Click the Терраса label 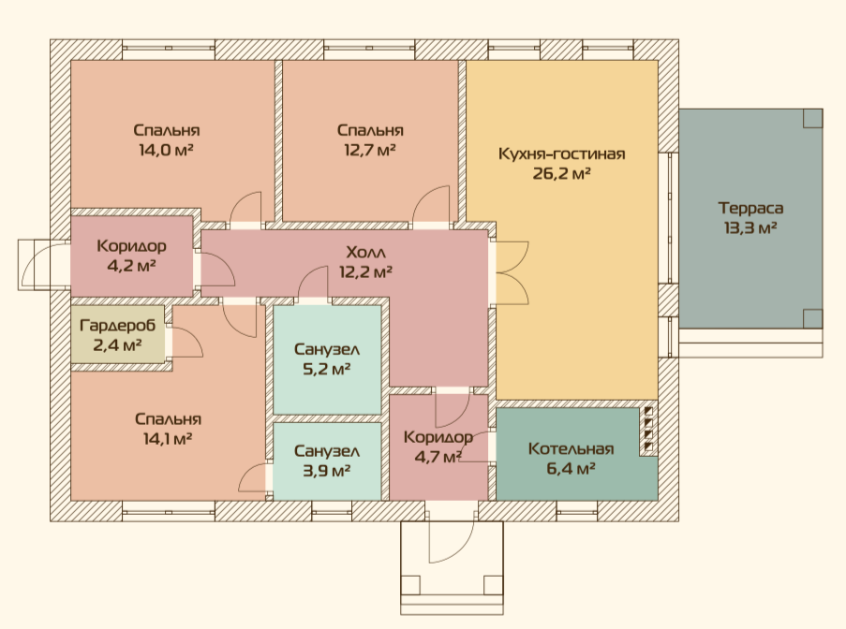(750, 208)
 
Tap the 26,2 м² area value (561, 173)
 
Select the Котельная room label (571, 449)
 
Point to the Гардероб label (118, 326)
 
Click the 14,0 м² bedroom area (166, 150)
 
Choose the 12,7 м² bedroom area (369, 150)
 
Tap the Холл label (365, 252)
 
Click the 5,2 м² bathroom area (326, 369)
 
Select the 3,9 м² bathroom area (326, 471)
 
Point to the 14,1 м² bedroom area (168, 439)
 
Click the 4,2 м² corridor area (131, 266)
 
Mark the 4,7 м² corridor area (438, 457)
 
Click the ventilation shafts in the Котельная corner (648, 429)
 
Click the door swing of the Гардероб (186, 341)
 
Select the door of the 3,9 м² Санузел (253, 477)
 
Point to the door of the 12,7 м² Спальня (432, 205)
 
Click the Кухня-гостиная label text (562, 154)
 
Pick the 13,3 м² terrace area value (750, 228)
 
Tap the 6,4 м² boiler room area (571, 468)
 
